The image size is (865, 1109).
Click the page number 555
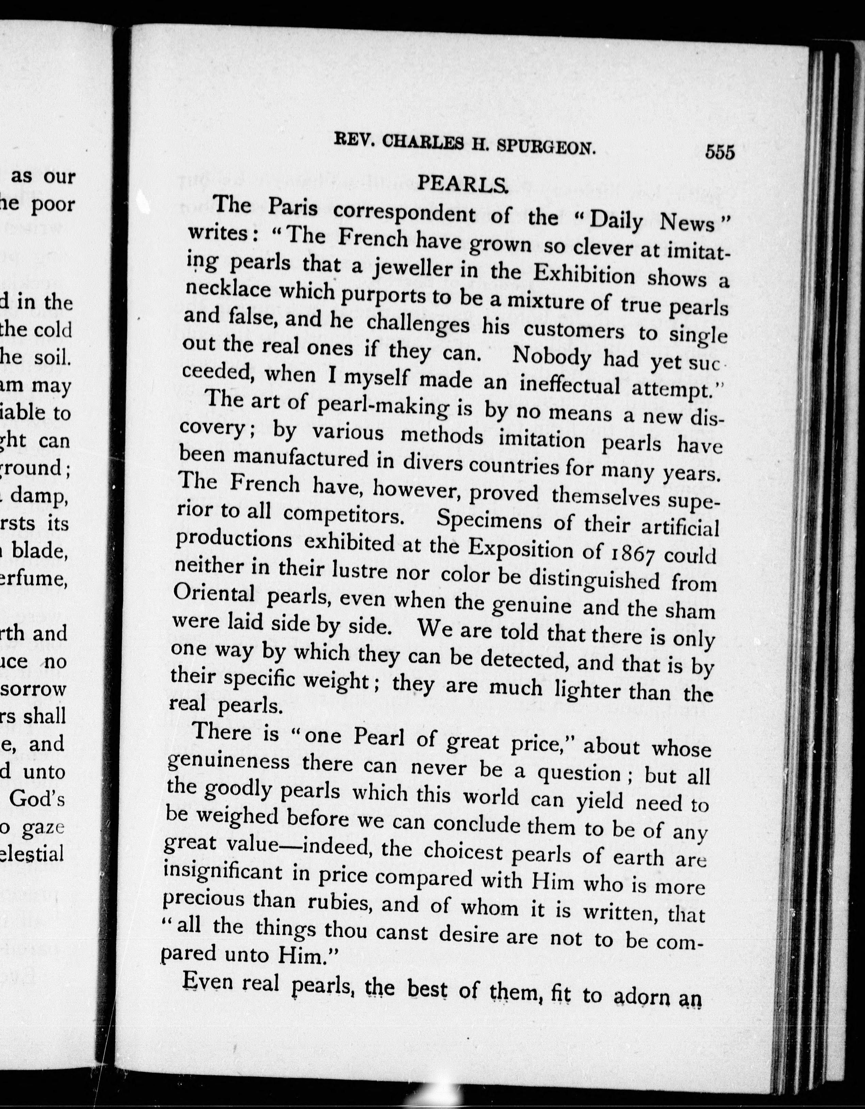[719, 152]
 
